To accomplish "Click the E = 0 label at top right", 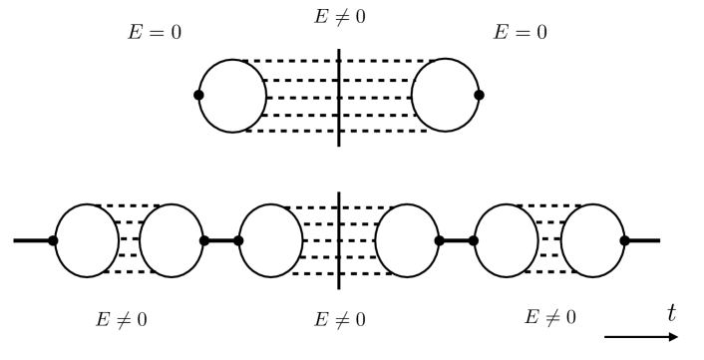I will tap(521, 31).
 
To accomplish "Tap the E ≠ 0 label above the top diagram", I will tap(340, 17).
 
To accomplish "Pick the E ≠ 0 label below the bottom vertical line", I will tap(340, 320).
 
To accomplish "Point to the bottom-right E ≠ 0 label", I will tap(550, 317).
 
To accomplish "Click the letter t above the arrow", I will tap(671, 312).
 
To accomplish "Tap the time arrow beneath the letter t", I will tap(642, 337).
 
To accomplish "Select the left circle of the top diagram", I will tap(233, 96).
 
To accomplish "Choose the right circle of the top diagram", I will tap(446, 96).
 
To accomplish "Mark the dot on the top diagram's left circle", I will tap(199, 95).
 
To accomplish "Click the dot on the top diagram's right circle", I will tap(480, 95).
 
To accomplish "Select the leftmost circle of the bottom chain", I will tap(86, 240).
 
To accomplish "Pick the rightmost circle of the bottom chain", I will tap(592, 240).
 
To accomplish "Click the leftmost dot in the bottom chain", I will tap(53, 240).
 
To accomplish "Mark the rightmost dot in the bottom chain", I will tap(625, 240).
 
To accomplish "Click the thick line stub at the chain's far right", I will tap(643, 240).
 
